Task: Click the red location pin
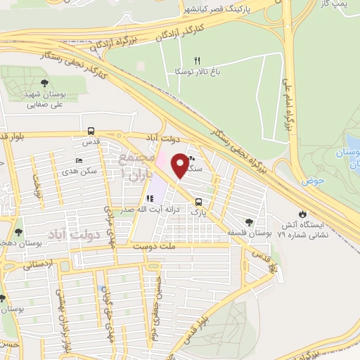181,165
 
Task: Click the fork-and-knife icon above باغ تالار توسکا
198,60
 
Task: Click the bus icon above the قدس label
91,131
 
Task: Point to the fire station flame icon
302,213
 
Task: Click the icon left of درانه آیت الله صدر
150,200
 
